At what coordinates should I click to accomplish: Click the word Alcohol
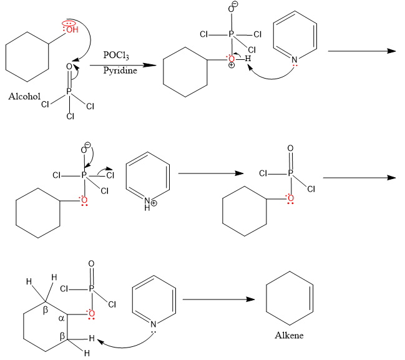24,97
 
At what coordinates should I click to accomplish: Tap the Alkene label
290,336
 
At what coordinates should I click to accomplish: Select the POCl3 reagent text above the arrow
117,56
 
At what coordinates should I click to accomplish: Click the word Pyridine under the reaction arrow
119,70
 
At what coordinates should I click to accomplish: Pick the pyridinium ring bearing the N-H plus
148,179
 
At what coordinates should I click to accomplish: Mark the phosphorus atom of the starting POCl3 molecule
69,92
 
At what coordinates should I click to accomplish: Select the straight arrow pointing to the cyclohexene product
218,299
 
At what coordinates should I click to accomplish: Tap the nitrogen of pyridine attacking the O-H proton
295,60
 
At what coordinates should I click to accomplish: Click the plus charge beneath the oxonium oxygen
232,67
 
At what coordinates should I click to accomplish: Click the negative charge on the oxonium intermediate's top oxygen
232,7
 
